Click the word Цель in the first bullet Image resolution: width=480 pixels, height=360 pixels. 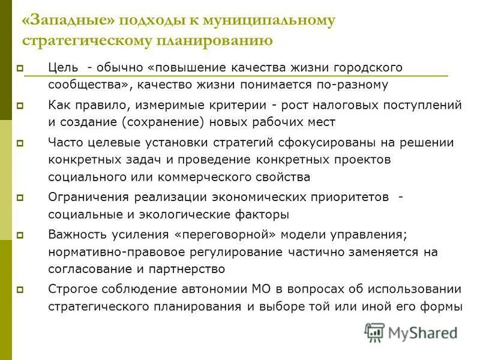62,68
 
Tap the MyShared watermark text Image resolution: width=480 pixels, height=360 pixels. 422,332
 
